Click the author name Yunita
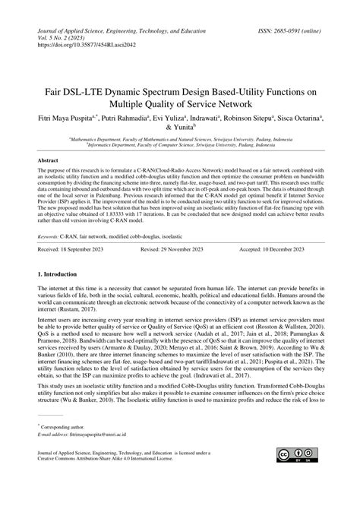(182, 129)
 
